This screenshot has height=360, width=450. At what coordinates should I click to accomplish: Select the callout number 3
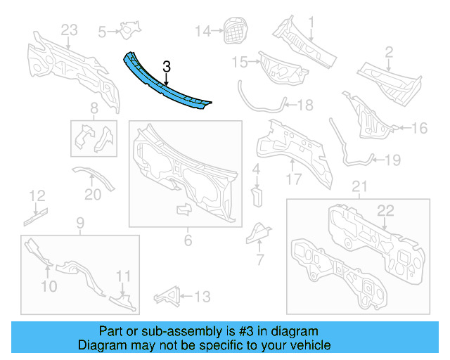pos(167,67)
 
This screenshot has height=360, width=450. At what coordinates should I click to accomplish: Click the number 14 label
pos(202,30)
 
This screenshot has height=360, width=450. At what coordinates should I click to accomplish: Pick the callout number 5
pos(103,31)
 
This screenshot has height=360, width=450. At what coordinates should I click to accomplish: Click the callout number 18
pos(305,105)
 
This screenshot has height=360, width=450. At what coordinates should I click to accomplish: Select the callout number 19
pos(392,160)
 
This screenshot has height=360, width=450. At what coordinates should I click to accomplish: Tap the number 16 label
pos(419,128)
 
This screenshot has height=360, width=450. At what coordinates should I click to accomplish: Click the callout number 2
pos(388,51)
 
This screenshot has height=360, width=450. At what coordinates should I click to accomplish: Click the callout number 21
pos(359,186)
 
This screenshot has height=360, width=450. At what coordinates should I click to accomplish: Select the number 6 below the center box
pos(188,241)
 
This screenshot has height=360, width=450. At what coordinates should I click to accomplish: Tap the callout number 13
pos(202,297)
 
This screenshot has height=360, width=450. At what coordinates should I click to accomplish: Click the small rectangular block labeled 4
pos(257,194)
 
